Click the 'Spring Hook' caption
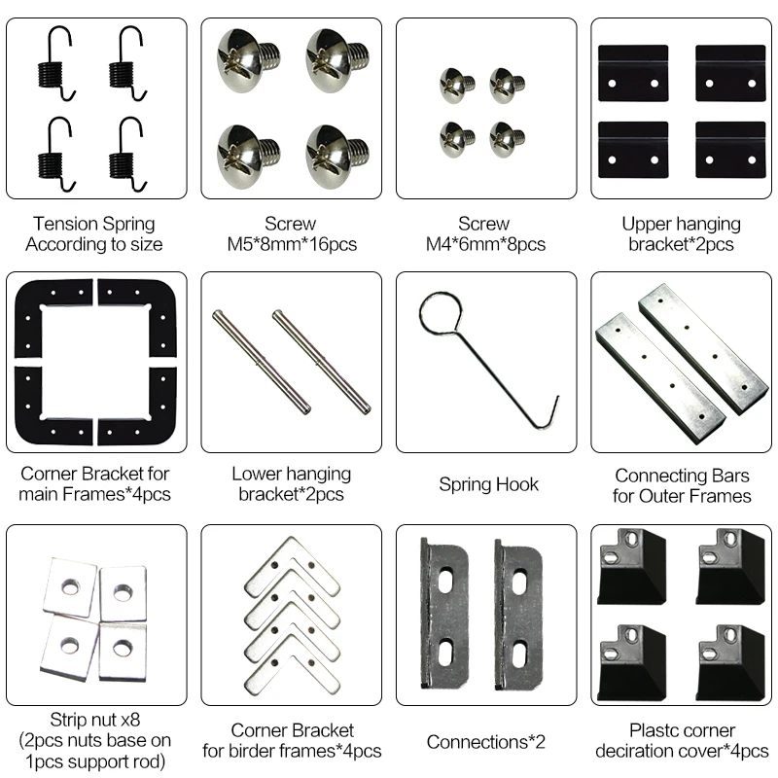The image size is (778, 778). [x=487, y=483]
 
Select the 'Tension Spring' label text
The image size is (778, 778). [x=93, y=225]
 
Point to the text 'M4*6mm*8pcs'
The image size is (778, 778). [x=486, y=244]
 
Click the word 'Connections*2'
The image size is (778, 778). [x=486, y=742]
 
